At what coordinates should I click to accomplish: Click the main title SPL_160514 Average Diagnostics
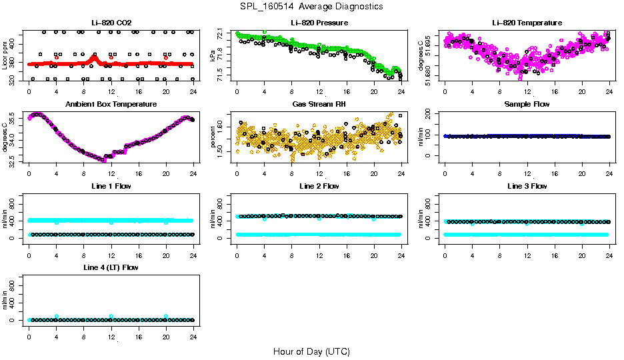[312, 6]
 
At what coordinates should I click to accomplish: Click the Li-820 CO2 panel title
[111, 23]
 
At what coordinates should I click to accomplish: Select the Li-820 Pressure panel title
[319, 23]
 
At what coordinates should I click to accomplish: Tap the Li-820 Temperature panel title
[527, 23]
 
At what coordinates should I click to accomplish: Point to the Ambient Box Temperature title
[111, 105]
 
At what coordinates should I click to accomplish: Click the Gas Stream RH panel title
[319, 105]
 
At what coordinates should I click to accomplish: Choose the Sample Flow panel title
[527, 105]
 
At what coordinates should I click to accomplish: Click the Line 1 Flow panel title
[111, 186]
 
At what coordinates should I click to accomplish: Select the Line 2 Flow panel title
[319, 186]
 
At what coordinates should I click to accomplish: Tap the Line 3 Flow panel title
[527, 186]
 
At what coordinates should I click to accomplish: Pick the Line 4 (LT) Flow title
[111, 267]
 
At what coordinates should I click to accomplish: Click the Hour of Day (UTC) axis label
[311, 351]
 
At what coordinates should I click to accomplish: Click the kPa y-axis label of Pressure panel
[213, 55]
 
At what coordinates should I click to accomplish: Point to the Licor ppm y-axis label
[5, 55]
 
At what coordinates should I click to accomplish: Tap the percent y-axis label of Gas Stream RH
[213, 137]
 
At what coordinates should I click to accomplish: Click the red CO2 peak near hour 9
[95, 57]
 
